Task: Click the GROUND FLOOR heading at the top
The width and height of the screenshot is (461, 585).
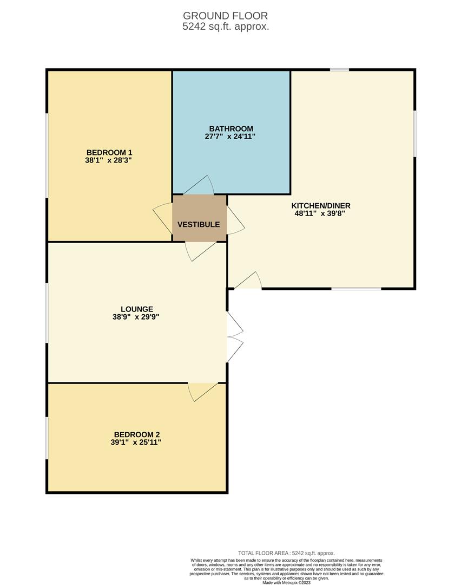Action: tap(225, 16)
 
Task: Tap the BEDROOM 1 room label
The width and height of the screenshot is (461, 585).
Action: tap(109, 152)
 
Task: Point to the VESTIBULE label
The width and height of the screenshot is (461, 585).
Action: tap(199, 224)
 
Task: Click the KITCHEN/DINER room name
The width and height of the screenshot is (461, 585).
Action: tap(321, 206)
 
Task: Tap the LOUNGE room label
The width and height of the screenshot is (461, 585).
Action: tap(137, 309)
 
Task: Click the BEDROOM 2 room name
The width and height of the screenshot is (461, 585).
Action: tap(137, 434)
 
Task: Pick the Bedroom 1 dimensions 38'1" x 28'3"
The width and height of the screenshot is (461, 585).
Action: tap(109, 160)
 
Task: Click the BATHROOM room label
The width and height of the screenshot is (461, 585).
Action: tap(232, 128)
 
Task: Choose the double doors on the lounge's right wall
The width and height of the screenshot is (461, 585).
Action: tap(234, 336)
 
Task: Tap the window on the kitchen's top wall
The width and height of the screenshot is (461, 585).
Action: tap(340, 69)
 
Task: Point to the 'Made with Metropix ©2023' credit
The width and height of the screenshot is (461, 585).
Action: tap(287, 583)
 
